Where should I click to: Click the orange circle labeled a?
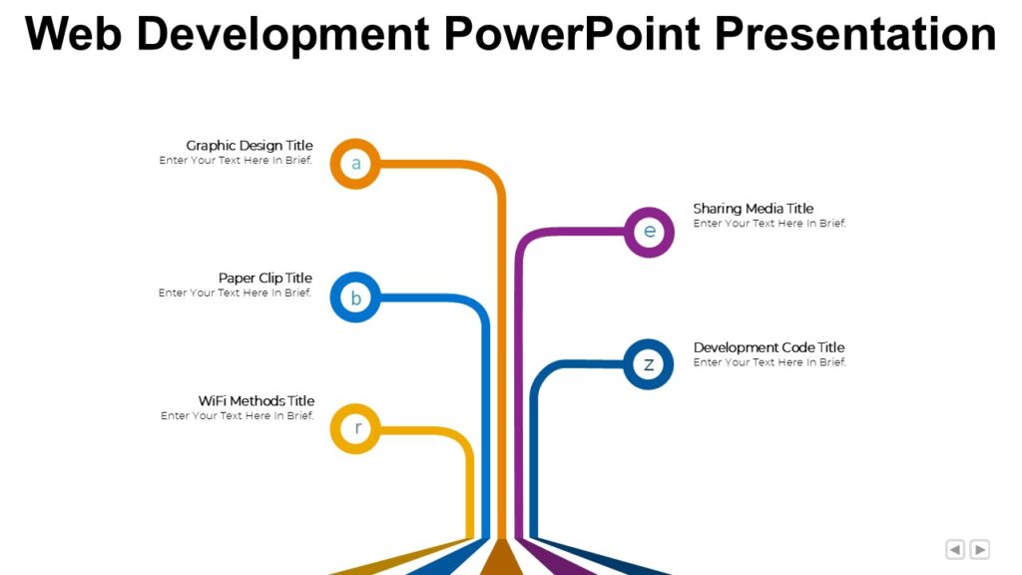click(x=355, y=163)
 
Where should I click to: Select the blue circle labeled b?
click(x=355, y=297)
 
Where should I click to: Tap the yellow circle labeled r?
click(x=356, y=428)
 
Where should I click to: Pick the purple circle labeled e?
click(x=649, y=232)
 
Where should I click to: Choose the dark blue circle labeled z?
click(x=648, y=363)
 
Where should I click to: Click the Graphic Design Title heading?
click(x=250, y=146)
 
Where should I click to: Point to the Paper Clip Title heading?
click(x=265, y=278)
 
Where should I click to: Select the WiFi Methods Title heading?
click(x=256, y=401)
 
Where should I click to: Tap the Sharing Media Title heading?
click(x=754, y=209)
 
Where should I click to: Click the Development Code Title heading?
click(x=768, y=347)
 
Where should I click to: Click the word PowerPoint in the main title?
click(x=573, y=34)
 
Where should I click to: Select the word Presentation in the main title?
click(x=855, y=34)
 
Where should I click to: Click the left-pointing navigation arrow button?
click(x=955, y=549)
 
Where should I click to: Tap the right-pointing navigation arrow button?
click(x=980, y=549)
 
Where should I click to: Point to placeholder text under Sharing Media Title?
click(x=769, y=224)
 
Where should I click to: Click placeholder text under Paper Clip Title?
click(x=235, y=292)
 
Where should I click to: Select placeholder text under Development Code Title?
click(x=769, y=362)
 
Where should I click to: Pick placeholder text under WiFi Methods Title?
click(x=237, y=415)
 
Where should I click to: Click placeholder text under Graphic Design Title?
click(x=236, y=160)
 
